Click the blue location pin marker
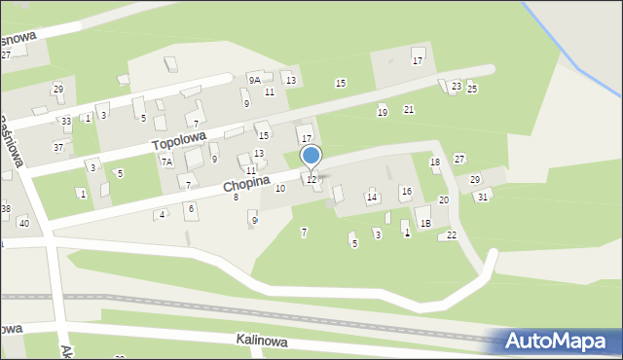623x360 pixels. click(x=311, y=157)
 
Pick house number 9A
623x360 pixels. click(x=254, y=80)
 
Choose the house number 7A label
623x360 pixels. click(x=167, y=162)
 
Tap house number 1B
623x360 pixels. click(x=425, y=223)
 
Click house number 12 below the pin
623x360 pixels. click(x=311, y=179)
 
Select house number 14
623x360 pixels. click(x=372, y=198)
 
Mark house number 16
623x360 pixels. click(x=406, y=192)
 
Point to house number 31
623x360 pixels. click(x=482, y=197)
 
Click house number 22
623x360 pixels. click(x=452, y=235)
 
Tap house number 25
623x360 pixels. click(x=472, y=89)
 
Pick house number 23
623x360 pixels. click(x=457, y=87)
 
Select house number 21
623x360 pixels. click(x=409, y=109)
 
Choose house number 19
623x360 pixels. click(x=382, y=113)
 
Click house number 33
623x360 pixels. click(x=66, y=122)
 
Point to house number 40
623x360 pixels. click(x=23, y=224)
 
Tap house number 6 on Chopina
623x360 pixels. click(x=191, y=207)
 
